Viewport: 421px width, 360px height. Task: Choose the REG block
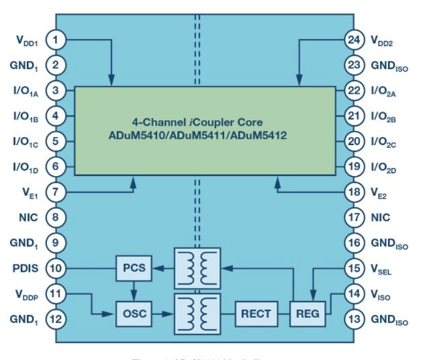click(309, 312)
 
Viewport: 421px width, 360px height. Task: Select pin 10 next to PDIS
click(57, 269)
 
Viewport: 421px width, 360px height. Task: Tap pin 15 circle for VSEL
click(355, 269)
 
